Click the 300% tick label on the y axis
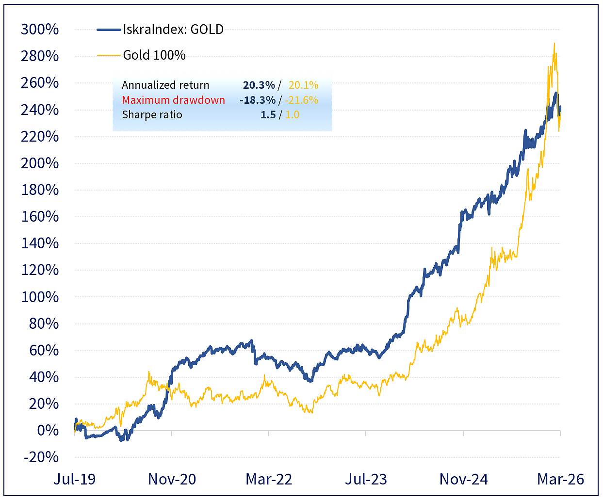click(40, 29)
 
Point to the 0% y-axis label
click(48, 430)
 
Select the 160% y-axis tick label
click(40, 216)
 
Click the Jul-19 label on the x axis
click(75, 479)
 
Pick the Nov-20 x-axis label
click(172, 479)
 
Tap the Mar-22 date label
click(269, 479)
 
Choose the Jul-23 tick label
click(366, 479)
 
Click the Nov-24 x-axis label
click(463, 479)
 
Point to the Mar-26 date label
click(560, 479)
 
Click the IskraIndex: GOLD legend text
click(173, 30)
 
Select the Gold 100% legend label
click(154, 55)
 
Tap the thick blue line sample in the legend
click(109, 30)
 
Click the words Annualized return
click(165, 85)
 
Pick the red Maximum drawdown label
click(173, 100)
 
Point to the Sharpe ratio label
click(152, 115)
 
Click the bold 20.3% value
click(259, 85)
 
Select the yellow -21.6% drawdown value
click(301, 100)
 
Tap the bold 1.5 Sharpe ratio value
click(268, 115)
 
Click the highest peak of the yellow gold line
click(554, 43)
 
